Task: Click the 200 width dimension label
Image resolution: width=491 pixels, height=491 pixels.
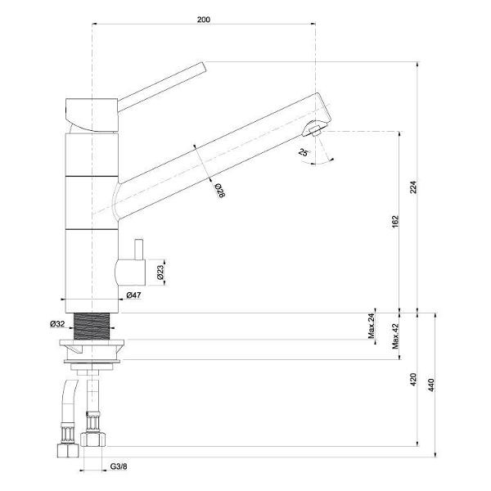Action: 204,20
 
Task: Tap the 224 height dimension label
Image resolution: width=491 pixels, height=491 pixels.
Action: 413,187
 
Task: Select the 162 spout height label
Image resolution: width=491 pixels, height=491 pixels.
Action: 395,222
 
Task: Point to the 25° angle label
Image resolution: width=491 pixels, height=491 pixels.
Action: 303,152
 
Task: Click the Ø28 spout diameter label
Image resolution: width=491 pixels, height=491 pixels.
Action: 220,191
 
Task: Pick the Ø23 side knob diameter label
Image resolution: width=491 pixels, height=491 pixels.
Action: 160,273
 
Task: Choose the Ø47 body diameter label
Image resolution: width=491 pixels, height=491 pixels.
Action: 133,295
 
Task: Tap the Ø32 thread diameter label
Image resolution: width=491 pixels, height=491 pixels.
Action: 57,324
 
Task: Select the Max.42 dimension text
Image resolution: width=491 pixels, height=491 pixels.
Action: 395,336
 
